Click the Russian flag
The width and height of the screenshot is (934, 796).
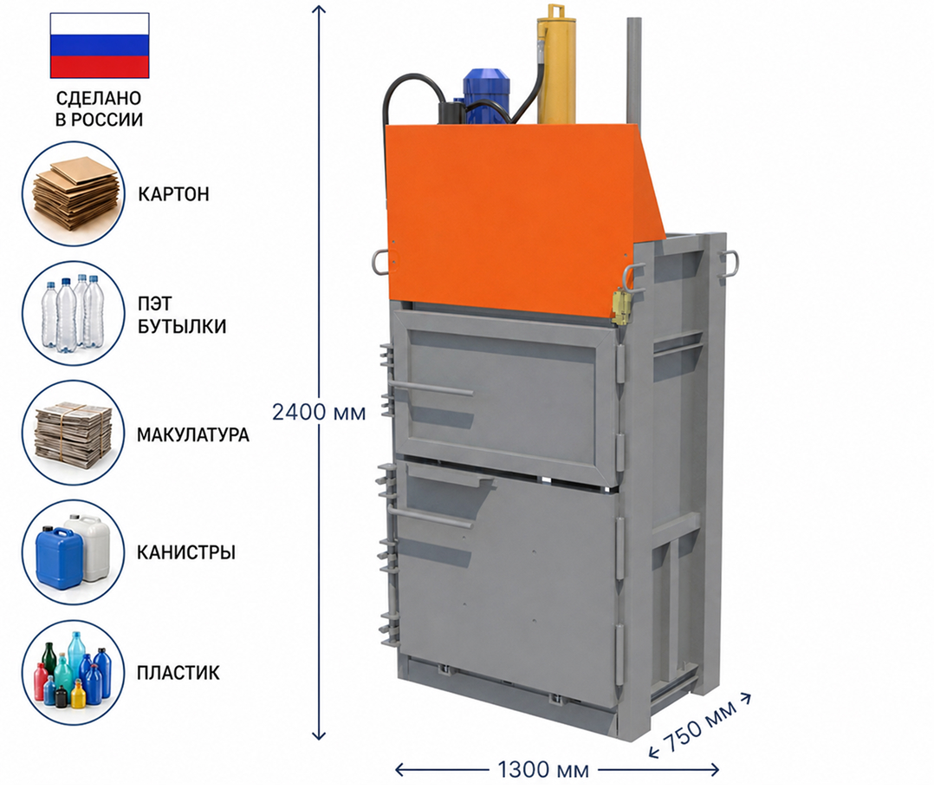[100, 45]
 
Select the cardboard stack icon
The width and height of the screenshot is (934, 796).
[74, 194]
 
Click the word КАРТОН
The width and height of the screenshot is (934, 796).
[173, 194]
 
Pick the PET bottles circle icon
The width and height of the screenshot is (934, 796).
[74, 314]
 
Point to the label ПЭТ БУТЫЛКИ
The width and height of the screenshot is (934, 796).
[182, 315]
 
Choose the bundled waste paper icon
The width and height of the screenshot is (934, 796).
[74, 433]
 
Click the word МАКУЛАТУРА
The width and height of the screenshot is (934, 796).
[193, 434]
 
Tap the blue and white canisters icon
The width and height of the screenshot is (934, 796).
[74, 552]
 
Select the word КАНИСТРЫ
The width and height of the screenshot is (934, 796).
[186, 552]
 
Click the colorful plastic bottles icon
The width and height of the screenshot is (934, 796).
[74, 673]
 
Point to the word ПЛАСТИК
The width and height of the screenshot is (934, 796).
[178, 673]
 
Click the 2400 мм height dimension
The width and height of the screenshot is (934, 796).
[319, 412]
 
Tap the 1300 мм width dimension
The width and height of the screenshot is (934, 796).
[542, 770]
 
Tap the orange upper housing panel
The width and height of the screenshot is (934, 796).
[524, 220]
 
